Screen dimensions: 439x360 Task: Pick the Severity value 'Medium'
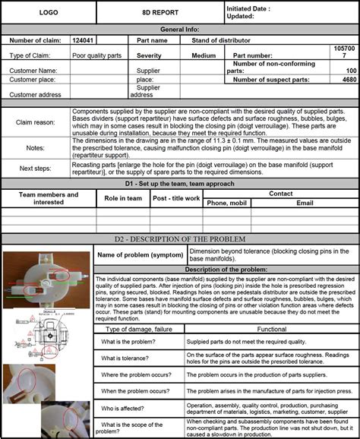(204, 55)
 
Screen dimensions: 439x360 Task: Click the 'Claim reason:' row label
(35, 122)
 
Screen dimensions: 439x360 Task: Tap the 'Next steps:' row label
(35, 168)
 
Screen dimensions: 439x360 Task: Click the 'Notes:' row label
(35, 148)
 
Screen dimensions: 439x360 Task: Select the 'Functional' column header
(271, 329)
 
